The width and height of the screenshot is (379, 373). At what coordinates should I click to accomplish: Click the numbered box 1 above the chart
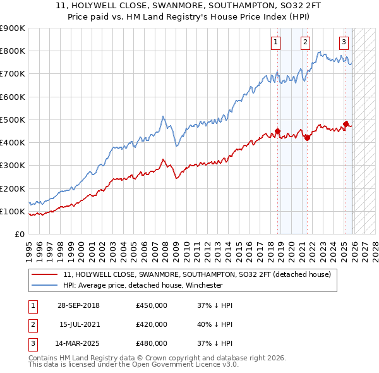[x=276, y=42]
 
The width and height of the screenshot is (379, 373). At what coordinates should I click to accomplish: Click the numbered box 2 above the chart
[x=305, y=42]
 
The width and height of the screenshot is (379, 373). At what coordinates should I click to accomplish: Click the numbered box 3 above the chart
[x=344, y=42]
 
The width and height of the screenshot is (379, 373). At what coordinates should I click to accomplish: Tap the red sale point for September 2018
[x=278, y=131]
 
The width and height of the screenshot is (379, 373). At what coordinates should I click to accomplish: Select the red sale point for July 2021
[x=307, y=137]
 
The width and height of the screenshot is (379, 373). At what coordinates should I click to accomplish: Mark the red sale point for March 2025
[x=346, y=124]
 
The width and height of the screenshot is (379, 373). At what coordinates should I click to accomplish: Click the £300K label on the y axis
[x=13, y=166]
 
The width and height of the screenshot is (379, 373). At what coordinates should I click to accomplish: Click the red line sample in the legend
[x=44, y=275]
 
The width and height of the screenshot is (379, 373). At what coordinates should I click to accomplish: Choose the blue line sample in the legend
[x=44, y=286]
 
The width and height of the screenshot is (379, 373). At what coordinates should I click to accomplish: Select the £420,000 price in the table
[x=152, y=324]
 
